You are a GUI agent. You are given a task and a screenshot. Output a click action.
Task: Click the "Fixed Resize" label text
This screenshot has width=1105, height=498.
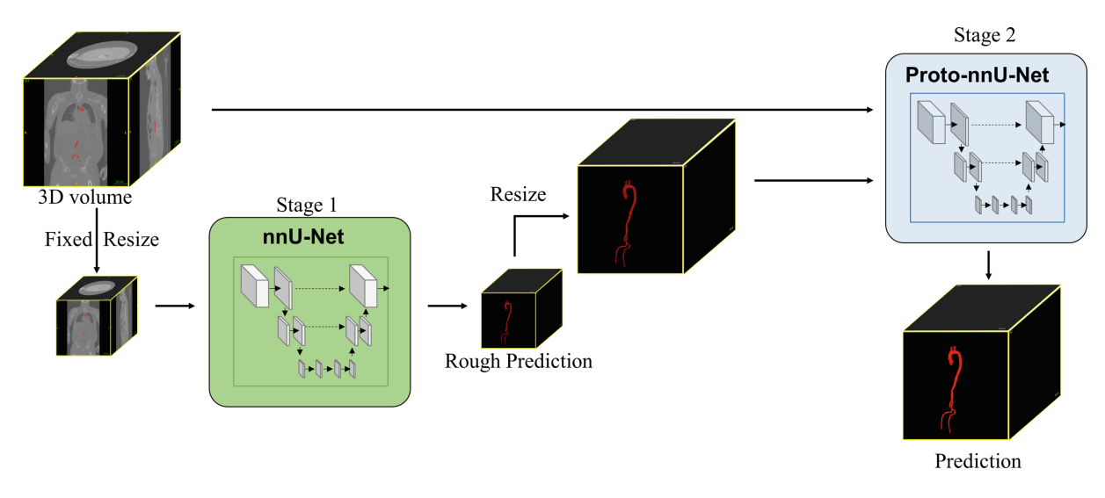[x=102, y=239]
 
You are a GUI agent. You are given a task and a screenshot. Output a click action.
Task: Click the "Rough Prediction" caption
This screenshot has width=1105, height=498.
[x=519, y=361]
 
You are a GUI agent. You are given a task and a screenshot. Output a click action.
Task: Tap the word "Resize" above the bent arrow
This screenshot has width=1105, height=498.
[x=518, y=193]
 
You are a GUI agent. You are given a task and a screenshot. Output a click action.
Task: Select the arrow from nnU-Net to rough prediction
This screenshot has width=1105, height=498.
[x=447, y=307]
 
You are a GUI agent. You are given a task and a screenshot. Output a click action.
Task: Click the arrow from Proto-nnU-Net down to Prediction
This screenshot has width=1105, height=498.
[x=989, y=265]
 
